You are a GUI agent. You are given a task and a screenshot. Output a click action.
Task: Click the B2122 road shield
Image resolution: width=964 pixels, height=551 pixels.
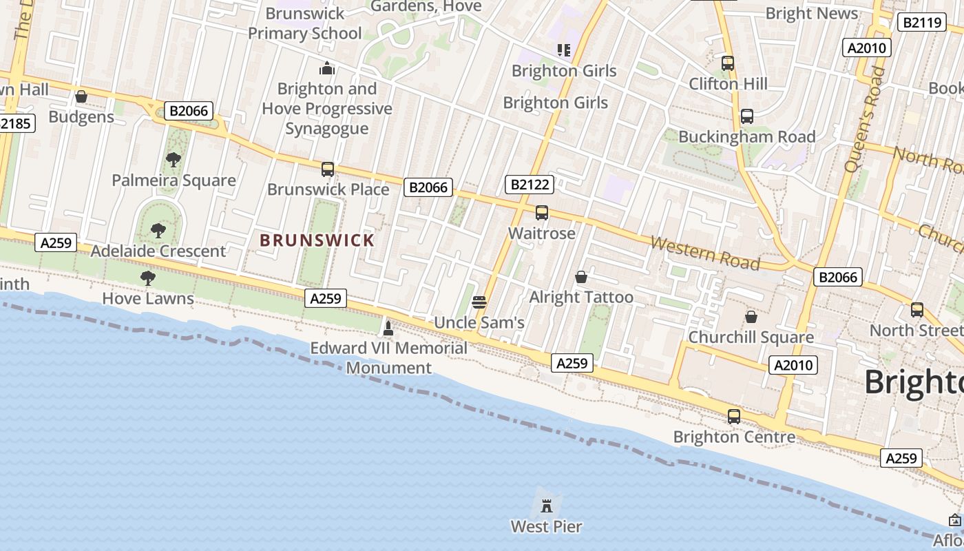tap(529, 184)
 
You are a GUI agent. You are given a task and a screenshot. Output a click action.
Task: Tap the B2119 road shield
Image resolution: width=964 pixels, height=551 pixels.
tap(921, 23)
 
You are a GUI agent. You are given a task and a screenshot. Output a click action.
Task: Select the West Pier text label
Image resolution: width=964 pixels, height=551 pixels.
tap(546, 527)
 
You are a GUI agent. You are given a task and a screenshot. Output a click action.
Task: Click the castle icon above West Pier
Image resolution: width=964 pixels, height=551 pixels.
tap(547, 506)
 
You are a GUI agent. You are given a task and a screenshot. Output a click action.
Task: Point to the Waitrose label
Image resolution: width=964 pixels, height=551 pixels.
tap(542, 233)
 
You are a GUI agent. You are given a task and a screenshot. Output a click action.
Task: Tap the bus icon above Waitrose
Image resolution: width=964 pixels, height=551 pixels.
tap(542, 213)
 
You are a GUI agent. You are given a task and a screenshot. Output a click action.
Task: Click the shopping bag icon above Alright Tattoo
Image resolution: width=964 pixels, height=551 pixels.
tap(581, 277)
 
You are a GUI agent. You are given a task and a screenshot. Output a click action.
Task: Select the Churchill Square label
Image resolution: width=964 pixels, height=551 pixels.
tap(751, 337)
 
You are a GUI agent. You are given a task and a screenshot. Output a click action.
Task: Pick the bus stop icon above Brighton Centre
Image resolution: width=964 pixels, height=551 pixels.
tap(734, 417)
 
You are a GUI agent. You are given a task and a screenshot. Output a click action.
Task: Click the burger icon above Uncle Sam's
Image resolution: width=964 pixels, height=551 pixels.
tap(479, 302)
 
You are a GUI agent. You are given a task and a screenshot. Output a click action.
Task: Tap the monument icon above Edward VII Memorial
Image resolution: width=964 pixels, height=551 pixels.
tap(388, 328)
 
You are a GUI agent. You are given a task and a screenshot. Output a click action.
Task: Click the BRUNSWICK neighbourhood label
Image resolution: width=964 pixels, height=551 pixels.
tap(317, 240)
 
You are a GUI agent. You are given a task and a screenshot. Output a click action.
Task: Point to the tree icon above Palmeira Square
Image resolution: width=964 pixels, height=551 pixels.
tap(174, 160)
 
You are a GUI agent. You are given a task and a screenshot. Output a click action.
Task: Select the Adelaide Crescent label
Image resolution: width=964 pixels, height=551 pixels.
tap(158, 251)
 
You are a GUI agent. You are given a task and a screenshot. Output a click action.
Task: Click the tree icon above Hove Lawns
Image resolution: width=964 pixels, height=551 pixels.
tap(147, 278)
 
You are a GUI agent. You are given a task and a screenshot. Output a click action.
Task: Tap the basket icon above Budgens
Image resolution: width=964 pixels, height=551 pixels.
tap(81, 96)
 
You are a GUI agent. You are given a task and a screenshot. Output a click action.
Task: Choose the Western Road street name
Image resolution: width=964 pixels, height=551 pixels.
tap(705, 253)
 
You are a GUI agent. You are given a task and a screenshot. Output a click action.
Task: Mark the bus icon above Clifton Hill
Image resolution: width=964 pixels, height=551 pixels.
tap(728, 63)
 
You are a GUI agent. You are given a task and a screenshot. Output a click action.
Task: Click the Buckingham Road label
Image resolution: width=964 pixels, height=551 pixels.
tap(747, 137)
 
